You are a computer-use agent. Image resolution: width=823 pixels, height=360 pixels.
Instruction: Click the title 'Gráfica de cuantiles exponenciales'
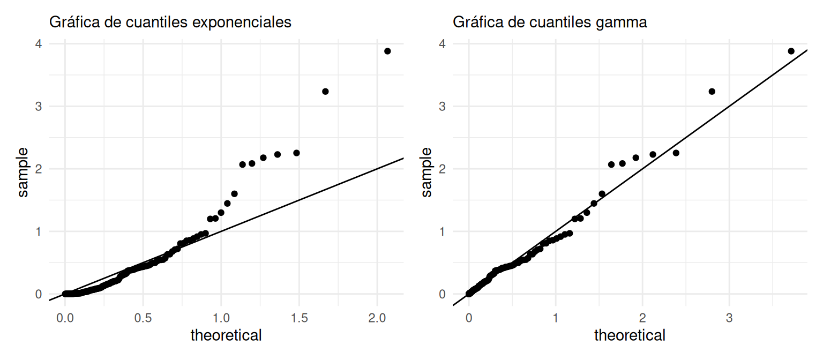pos(170,22)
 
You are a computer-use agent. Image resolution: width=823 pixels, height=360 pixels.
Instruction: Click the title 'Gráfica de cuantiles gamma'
pos(550,22)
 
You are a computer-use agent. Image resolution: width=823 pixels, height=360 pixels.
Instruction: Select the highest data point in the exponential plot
pos(387,51)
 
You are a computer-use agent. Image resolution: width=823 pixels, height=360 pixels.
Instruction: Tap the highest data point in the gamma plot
pos(791,51)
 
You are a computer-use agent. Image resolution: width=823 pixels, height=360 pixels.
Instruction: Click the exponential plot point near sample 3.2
pos(325,92)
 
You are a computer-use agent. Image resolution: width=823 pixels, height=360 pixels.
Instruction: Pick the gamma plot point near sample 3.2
pos(712,92)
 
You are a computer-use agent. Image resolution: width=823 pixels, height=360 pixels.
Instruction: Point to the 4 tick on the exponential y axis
pos(38,43)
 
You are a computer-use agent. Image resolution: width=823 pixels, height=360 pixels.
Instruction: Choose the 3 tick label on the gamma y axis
pos(442,106)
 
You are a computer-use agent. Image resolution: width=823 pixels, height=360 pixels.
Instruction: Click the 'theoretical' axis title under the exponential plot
pos(226,336)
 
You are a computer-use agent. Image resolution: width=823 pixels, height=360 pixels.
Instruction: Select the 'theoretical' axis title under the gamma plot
pos(630,336)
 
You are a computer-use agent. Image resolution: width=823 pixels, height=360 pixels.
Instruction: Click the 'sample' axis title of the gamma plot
pos(427,169)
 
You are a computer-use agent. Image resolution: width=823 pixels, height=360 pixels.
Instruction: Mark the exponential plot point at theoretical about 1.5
pos(296,153)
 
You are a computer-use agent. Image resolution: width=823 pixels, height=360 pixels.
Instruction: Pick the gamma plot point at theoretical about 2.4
pos(676,153)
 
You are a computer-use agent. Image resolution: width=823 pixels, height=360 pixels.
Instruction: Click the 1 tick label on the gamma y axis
pos(442,231)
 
